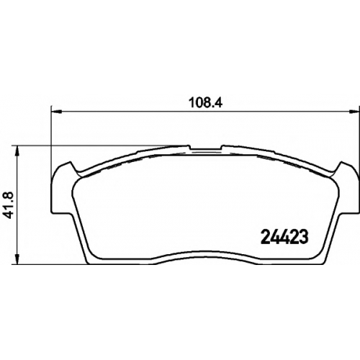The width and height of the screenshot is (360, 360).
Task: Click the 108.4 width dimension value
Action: coord(206,103)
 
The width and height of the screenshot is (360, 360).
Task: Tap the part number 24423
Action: coord(284,236)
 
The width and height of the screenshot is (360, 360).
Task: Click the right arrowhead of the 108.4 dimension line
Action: coord(354,111)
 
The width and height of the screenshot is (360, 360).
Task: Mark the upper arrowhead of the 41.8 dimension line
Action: coord(17,150)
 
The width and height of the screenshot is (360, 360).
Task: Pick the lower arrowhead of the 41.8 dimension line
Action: coord(17,259)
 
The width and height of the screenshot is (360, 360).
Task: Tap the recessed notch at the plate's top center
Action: coord(205,149)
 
